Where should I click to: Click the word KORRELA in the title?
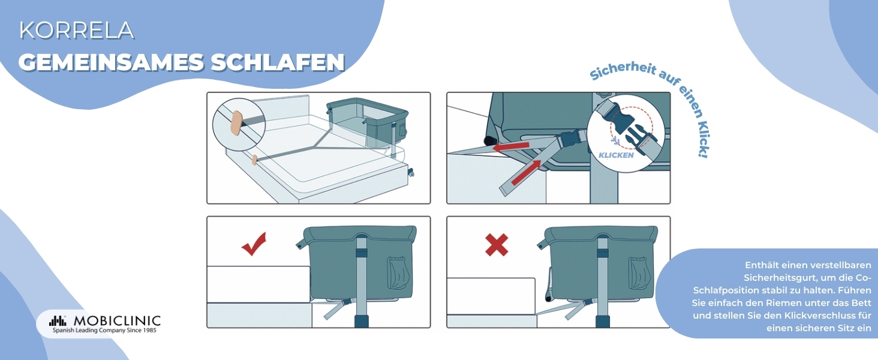76,31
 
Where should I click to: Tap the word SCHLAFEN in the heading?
278,62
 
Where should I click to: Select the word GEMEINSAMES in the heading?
112,62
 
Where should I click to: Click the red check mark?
254,244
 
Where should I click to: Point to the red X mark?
497,245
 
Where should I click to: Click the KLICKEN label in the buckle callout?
616,155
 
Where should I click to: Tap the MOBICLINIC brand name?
117,320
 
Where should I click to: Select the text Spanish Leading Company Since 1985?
105,331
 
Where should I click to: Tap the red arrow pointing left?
511,146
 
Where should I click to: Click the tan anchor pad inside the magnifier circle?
236,123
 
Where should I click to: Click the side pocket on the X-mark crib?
638,273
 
